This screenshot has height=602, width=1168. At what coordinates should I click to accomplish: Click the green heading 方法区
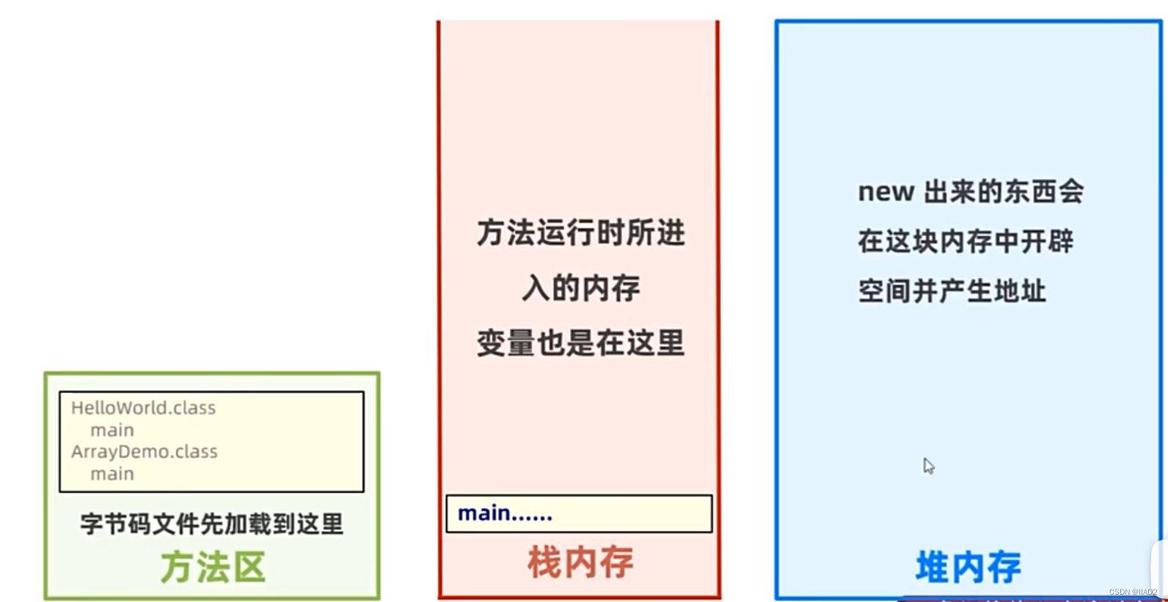(x=213, y=568)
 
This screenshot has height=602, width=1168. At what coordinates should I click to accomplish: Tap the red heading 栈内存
(x=580, y=563)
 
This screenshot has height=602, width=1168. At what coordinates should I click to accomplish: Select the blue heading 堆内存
(x=968, y=568)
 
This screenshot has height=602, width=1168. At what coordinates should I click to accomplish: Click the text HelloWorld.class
(x=144, y=408)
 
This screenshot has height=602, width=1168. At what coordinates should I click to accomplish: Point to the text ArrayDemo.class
(x=145, y=452)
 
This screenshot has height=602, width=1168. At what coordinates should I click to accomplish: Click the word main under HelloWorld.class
(x=112, y=430)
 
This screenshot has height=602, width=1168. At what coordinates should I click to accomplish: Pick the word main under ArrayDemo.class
(x=112, y=474)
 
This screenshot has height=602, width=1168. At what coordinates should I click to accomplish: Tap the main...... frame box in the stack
(x=579, y=513)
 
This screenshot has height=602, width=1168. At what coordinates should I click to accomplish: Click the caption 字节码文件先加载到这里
(x=212, y=524)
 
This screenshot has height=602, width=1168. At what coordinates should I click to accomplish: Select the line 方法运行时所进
(x=580, y=233)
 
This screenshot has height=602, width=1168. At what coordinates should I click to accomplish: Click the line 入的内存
(x=580, y=288)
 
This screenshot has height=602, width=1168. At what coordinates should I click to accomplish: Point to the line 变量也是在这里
(x=580, y=343)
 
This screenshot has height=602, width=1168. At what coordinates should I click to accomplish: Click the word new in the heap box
(x=886, y=192)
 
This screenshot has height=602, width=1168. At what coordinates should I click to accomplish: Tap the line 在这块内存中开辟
(x=966, y=241)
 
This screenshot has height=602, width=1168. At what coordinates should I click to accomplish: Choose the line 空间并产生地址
(x=952, y=291)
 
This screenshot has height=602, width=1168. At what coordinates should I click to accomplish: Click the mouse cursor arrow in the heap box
(x=928, y=466)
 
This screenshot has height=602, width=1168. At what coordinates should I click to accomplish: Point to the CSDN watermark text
(x=1133, y=592)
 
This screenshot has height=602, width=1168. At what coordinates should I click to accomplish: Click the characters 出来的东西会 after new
(x=1003, y=192)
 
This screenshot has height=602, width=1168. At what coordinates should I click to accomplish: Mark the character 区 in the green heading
(x=250, y=568)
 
